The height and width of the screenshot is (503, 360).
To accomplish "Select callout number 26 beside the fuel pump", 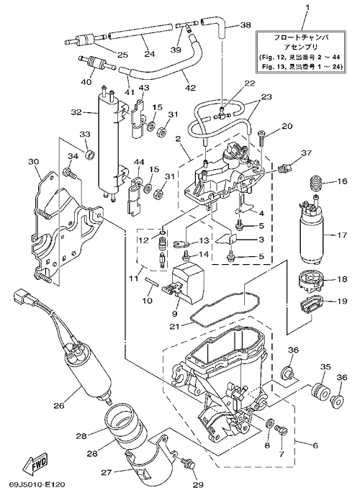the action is [x=59, y=406].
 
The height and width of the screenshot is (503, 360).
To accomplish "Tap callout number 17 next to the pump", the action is [x=342, y=235].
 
